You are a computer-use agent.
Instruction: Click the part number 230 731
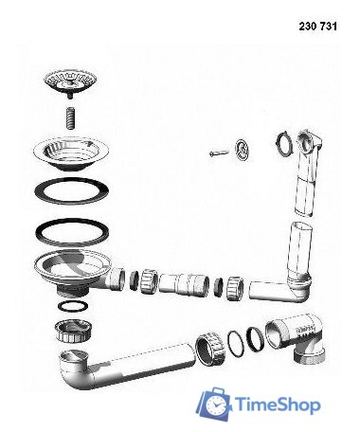[317, 27]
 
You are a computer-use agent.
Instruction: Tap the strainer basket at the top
[70, 82]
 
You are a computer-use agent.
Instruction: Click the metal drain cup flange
[71, 153]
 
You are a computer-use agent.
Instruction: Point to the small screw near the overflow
[219, 153]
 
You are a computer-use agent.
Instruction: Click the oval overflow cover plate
[242, 149]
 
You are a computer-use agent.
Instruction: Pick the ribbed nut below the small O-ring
[73, 331]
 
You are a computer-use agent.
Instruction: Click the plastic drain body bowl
[73, 271]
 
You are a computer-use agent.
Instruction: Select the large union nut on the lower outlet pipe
[209, 349]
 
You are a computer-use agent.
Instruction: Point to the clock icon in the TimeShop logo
[216, 405]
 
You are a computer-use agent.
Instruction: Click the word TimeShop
[279, 405]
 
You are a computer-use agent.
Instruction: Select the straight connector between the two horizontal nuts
[184, 284]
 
